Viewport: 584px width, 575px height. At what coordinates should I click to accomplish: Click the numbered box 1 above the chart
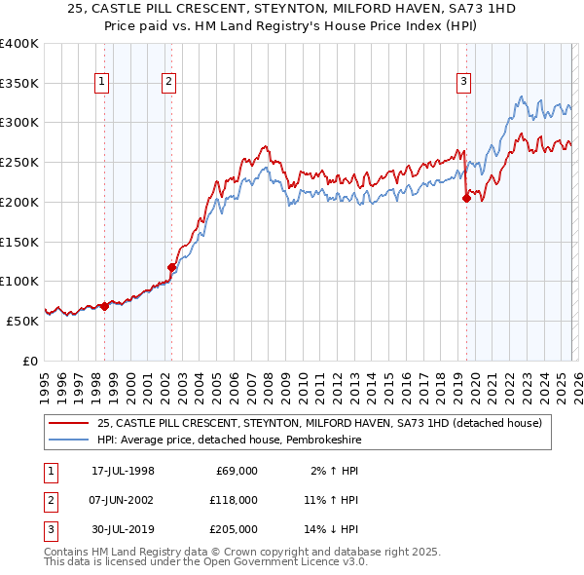[103, 83]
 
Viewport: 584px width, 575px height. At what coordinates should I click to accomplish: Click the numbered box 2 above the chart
[169, 83]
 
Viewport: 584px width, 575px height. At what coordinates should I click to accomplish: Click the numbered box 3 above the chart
[464, 83]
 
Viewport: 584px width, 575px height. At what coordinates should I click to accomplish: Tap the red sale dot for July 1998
[105, 306]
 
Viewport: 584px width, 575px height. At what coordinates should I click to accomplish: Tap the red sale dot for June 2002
[171, 266]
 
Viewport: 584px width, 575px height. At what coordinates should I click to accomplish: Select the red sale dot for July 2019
[466, 198]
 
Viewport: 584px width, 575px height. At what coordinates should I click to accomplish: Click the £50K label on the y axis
[22, 320]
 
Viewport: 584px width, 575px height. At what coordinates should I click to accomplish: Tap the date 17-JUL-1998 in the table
[123, 471]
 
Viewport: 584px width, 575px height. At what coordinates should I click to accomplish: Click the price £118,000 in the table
[236, 499]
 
